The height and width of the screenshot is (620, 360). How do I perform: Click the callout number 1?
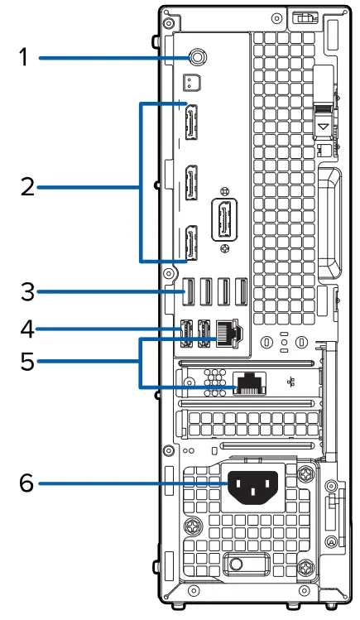point(25,57)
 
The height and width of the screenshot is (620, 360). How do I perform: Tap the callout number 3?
point(26,291)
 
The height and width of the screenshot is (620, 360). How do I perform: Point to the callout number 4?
point(26,329)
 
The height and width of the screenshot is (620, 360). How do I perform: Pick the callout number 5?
point(26,362)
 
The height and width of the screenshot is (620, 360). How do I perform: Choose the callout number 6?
point(26,482)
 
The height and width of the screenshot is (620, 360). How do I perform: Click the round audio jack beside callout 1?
point(199,56)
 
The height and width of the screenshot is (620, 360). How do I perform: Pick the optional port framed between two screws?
point(223,222)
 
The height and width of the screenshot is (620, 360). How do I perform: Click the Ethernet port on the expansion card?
point(248,382)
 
